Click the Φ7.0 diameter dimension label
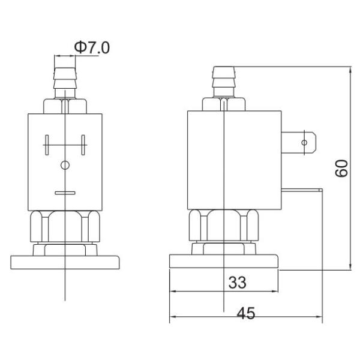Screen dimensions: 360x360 coord(92,47)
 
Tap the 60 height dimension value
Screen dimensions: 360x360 coord(341,167)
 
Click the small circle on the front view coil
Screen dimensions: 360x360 coord(65,165)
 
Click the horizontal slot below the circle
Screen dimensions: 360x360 coord(65,193)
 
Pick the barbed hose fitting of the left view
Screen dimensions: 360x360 coord(65,81)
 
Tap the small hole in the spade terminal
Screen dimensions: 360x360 coord(305,143)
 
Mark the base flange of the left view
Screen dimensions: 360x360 coord(65,262)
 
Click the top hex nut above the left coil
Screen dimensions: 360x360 coord(65,106)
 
